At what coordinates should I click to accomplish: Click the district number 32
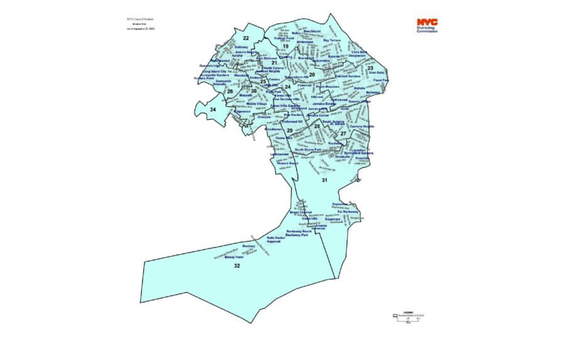click(236, 266)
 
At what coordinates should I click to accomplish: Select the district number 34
click(213, 110)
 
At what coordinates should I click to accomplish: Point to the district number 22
click(246, 39)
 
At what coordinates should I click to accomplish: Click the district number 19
click(285, 47)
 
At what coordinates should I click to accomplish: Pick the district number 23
click(370, 68)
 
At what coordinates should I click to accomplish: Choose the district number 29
click(289, 130)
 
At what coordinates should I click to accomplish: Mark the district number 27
click(343, 133)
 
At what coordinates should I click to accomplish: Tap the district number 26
click(230, 92)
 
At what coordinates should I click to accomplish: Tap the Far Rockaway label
click(347, 212)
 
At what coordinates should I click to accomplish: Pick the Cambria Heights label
click(362, 127)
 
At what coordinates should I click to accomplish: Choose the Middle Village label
click(257, 104)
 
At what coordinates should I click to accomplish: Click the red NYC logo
click(427, 22)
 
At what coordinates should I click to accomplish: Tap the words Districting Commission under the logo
click(428, 30)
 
